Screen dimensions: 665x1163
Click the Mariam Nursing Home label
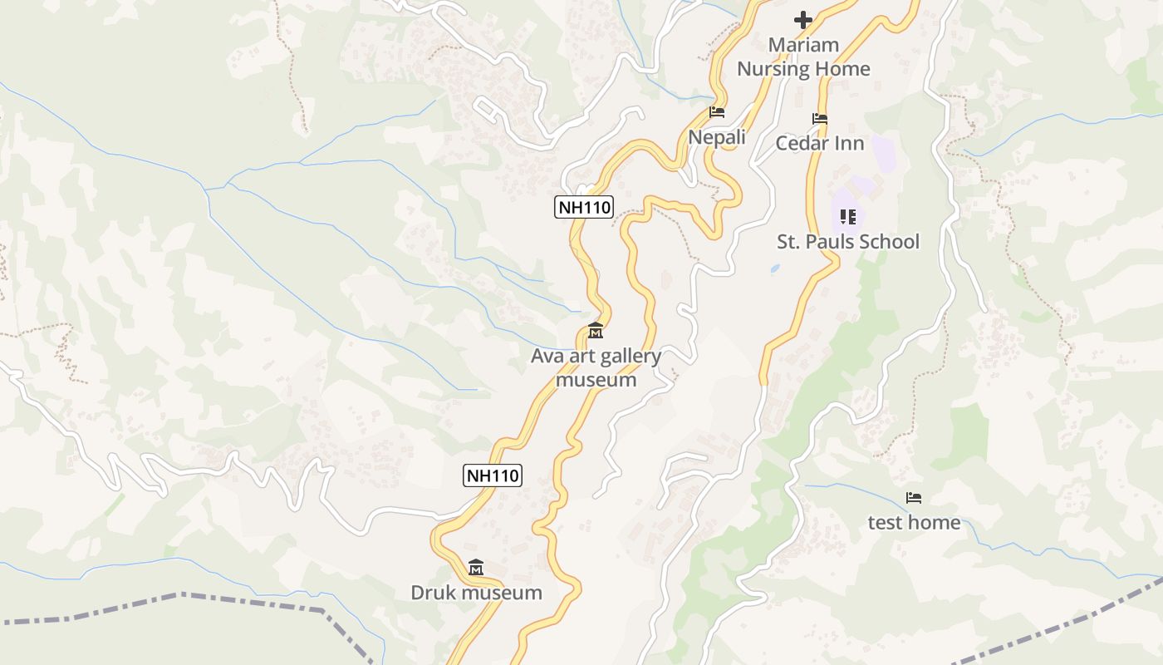(803, 57)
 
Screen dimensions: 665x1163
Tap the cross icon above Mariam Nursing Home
(803, 19)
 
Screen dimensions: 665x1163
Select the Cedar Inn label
(820, 143)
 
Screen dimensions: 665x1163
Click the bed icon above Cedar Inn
(820, 119)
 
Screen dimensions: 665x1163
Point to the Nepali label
(717, 136)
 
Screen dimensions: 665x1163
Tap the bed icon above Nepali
(717, 112)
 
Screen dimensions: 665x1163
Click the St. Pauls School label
(848, 242)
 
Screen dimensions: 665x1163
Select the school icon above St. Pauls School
(848, 217)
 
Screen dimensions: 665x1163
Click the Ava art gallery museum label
(596, 368)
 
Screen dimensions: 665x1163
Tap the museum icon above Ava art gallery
(596, 332)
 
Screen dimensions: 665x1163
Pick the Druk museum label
(476, 593)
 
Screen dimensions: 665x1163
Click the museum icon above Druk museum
(476, 568)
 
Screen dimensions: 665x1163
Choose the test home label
(914, 522)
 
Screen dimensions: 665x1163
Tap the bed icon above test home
(914, 498)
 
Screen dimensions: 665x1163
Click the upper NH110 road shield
(583, 207)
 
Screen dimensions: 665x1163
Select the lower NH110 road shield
(492, 475)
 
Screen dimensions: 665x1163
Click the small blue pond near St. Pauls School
(775, 269)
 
